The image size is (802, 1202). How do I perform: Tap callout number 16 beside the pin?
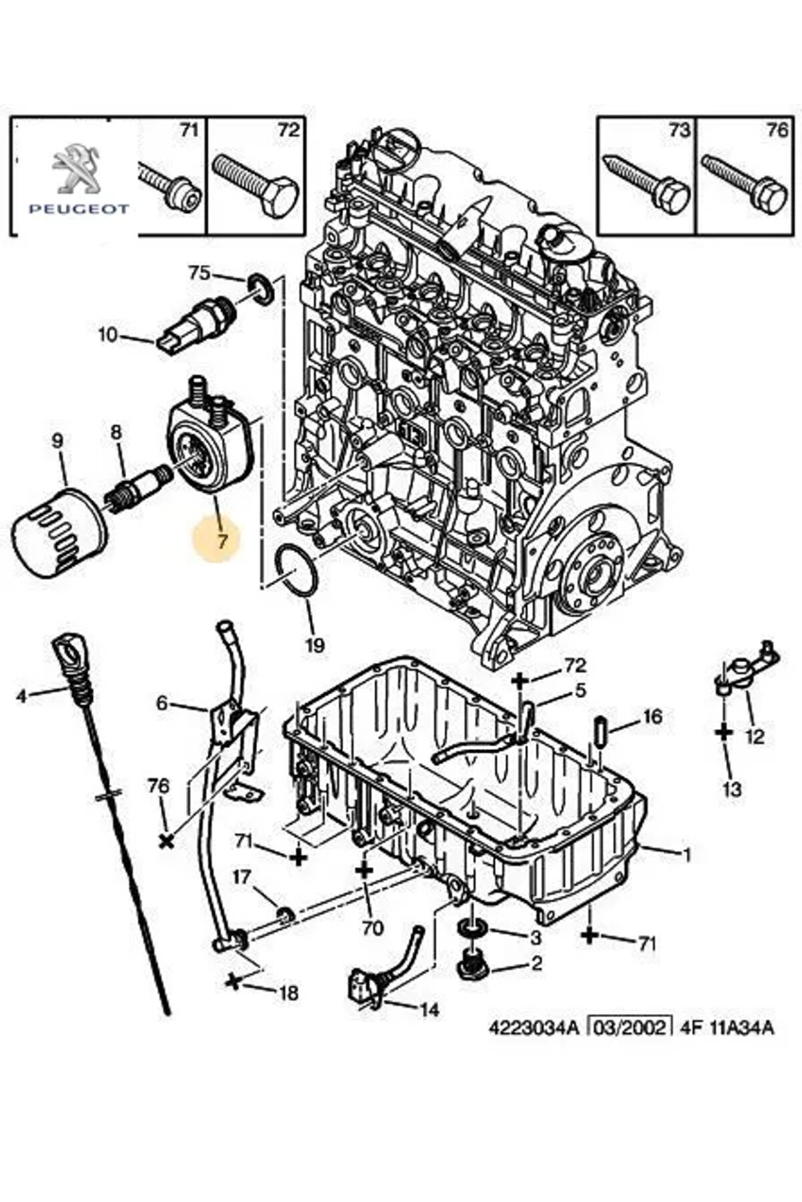652,717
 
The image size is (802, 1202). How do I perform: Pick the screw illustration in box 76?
745,180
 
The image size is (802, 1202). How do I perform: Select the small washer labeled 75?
260,288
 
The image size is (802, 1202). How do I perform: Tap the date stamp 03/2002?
628,1045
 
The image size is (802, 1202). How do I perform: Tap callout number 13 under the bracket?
732,789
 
